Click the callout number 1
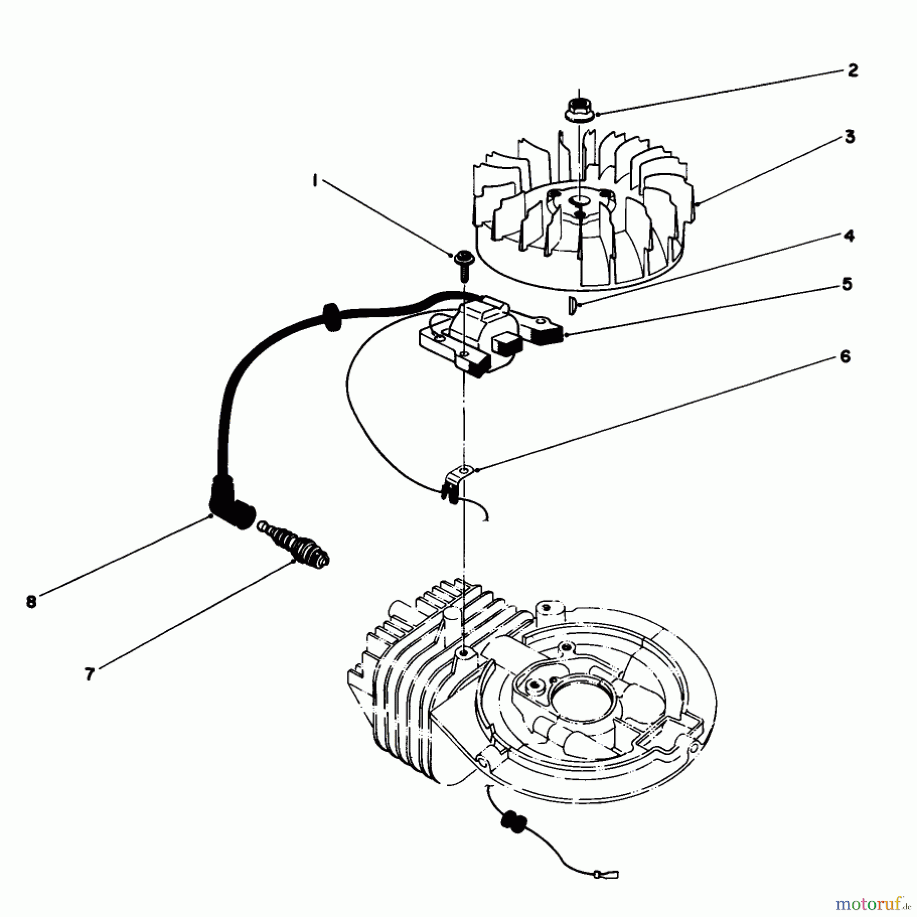point(315,180)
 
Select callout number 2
point(853,70)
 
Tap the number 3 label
point(849,137)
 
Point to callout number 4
point(849,236)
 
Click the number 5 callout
point(847,284)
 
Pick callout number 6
point(845,357)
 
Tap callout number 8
point(32,602)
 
